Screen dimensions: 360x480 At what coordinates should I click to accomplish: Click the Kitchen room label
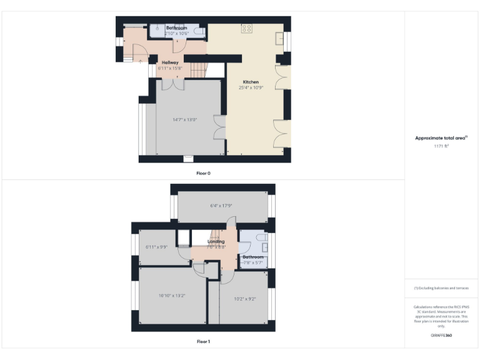pyautogui.click(x=251, y=82)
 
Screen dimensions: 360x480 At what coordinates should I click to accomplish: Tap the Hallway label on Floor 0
pyautogui.click(x=170, y=62)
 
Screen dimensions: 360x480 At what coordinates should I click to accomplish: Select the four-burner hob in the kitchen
pyautogui.click(x=247, y=28)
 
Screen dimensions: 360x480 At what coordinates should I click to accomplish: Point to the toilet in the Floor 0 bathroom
pyautogui.click(x=198, y=31)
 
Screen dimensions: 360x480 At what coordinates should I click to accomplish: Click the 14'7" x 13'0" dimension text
pyautogui.click(x=184, y=119)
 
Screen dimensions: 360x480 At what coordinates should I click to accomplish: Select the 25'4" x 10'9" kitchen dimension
pyautogui.click(x=251, y=88)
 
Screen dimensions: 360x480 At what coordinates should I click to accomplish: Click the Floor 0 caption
pyautogui.click(x=203, y=172)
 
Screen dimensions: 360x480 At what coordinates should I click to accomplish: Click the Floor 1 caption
pyautogui.click(x=203, y=341)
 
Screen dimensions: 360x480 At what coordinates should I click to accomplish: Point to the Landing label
pyautogui.click(x=216, y=241)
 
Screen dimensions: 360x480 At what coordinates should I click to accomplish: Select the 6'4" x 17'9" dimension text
pyautogui.click(x=221, y=206)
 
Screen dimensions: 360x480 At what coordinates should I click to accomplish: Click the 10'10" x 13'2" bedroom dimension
pyautogui.click(x=172, y=296)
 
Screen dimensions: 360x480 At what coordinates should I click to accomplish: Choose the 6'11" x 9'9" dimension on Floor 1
pyautogui.click(x=156, y=247)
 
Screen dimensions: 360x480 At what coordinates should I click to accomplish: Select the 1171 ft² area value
pyautogui.click(x=441, y=146)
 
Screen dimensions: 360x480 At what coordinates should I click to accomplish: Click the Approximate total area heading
pyautogui.click(x=441, y=137)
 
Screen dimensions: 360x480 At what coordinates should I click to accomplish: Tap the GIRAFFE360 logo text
pyautogui.click(x=441, y=336)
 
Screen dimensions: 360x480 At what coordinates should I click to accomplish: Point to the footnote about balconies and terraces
pyautogui.click(x=441, y=287)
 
